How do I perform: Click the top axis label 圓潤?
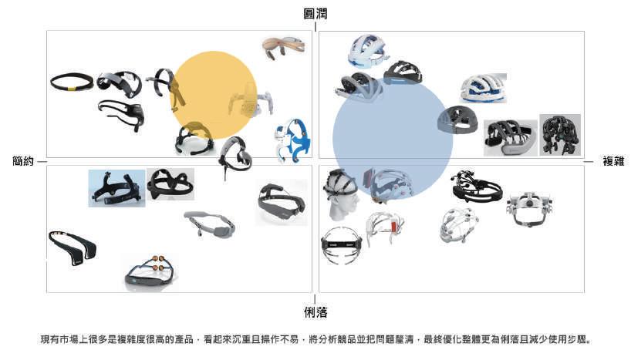click(315, 13)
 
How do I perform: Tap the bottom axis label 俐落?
click(315, 312)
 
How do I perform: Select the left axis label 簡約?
click(24, 161)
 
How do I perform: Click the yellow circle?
click(213, 95)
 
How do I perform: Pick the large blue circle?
click(393, 138)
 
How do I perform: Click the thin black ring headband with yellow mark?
click(72, 81)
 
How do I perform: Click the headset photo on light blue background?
click(116, 188)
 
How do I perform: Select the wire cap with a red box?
click(386, 227)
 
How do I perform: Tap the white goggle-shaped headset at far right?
click(531, 209)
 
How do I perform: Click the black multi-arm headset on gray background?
click(560, 135)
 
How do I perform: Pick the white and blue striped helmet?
click(483, 88)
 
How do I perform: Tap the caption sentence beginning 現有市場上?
click(315, 338)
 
